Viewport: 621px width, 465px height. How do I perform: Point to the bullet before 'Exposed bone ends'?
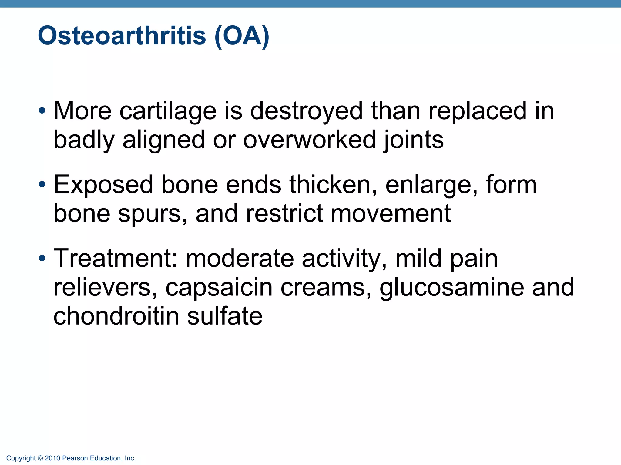[42, 184]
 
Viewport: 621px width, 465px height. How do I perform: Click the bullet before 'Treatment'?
[42, 258]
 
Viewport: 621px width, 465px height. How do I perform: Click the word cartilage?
[168, 111]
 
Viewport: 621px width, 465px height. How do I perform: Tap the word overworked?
[309, 140]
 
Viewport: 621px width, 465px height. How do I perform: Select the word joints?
[413, 140]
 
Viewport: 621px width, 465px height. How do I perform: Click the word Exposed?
[103, 185]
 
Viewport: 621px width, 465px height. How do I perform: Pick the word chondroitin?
[116, 316]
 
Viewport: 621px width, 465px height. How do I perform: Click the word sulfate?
[225, 316]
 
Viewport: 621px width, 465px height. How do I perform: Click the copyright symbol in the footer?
[40, 458]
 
